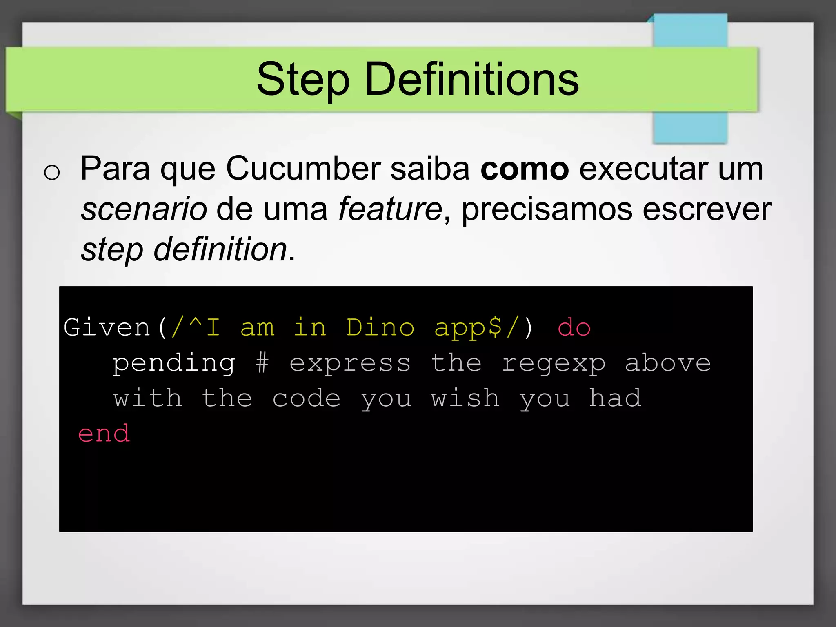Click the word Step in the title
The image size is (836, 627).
302,80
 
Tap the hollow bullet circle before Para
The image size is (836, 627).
52,172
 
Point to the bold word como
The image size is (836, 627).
525,169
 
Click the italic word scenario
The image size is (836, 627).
144,209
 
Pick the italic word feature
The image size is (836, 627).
390,209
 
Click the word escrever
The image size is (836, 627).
707,209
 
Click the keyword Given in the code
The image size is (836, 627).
107,327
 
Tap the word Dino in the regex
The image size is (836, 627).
380,327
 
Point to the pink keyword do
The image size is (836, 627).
574,327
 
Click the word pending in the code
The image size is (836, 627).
174,363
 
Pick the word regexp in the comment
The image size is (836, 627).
554,363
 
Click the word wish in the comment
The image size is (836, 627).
465,398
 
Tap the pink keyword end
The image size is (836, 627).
104,434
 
